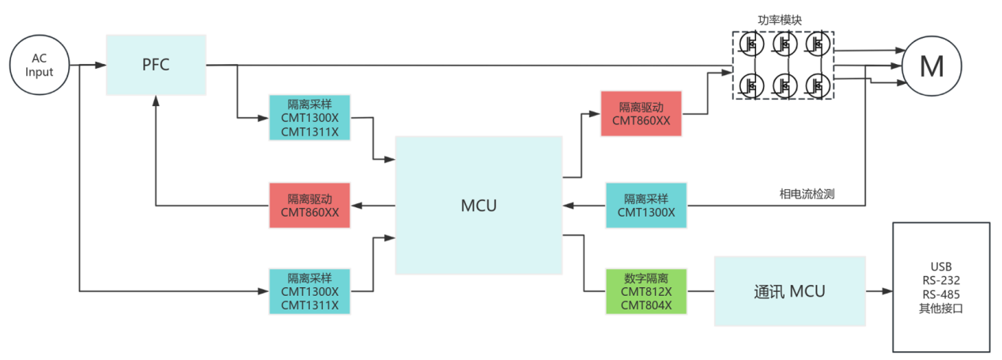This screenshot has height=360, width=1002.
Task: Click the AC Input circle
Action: click(40, 66)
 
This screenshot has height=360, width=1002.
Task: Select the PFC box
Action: click(156, 64)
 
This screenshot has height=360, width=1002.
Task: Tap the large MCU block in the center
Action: click(478, 206)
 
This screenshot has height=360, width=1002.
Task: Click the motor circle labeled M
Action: click(932, 66)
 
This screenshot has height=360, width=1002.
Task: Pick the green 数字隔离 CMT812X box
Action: click(646, 291)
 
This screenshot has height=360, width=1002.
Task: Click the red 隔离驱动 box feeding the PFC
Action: click(309, 205)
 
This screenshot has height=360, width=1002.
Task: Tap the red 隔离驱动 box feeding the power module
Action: click(641, 113)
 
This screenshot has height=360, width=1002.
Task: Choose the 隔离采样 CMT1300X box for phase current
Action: click(646, 205)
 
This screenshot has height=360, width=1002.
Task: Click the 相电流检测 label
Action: click(807, 193)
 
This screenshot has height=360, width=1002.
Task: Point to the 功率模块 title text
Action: click(782, 21)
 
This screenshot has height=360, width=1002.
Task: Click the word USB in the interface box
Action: click(942, 266)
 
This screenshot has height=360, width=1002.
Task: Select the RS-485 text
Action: click(942, 294)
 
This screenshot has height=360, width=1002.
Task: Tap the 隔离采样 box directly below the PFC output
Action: click(309, 118)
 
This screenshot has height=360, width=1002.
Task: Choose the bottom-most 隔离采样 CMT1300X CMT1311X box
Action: click(309, 291)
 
